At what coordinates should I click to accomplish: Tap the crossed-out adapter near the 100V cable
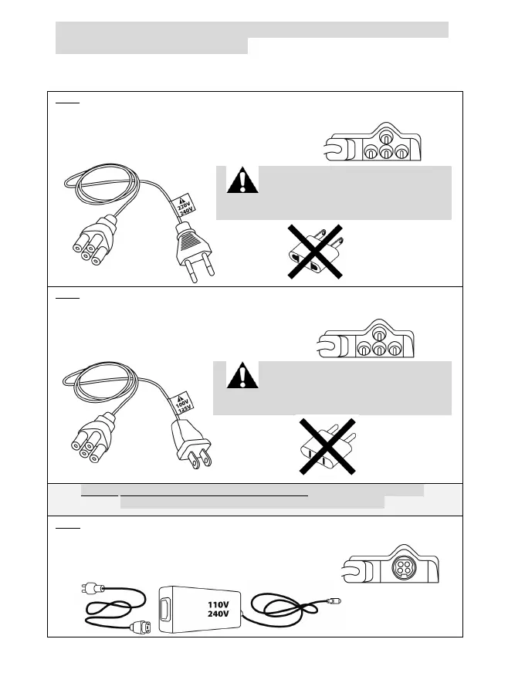coord(328,448)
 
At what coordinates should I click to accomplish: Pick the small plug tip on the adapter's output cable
coord(334,600)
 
